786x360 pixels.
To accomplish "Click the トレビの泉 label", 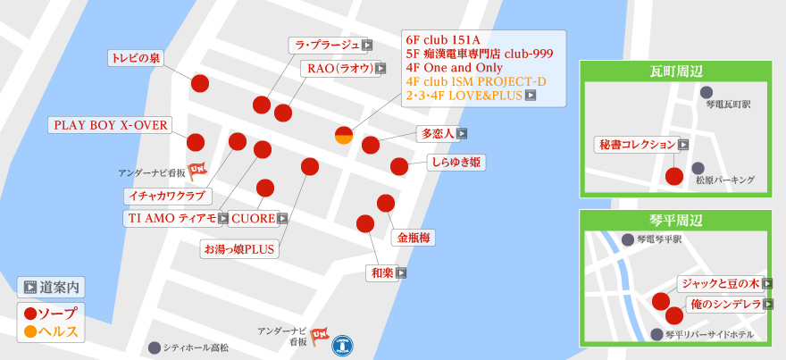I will pyautogui.click(x=136, y=58).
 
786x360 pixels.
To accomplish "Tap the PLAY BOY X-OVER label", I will pyautogui.click(x=111, y=125).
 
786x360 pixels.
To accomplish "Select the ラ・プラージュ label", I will pyautogui.click(x=326, y=45).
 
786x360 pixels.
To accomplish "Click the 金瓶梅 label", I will pyautogui.click(x=414, y=238).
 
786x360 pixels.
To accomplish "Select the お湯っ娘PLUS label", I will pyautogui.click(x=239, y=248).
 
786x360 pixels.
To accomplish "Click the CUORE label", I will pyautogui.click(x=253, y=218).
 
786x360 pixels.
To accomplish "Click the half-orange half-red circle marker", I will pyautogui.click(x=344, y=135).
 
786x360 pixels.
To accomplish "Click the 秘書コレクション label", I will pyautogui.click(x=636, y=144).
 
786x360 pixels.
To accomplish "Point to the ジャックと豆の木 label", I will pyautogui.click(x=719, y=283).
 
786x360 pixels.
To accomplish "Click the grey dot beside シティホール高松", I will pyautogui.click(x=155, y=347).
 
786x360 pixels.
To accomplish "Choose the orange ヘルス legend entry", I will pyautogui.click(x=52, y=331).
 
